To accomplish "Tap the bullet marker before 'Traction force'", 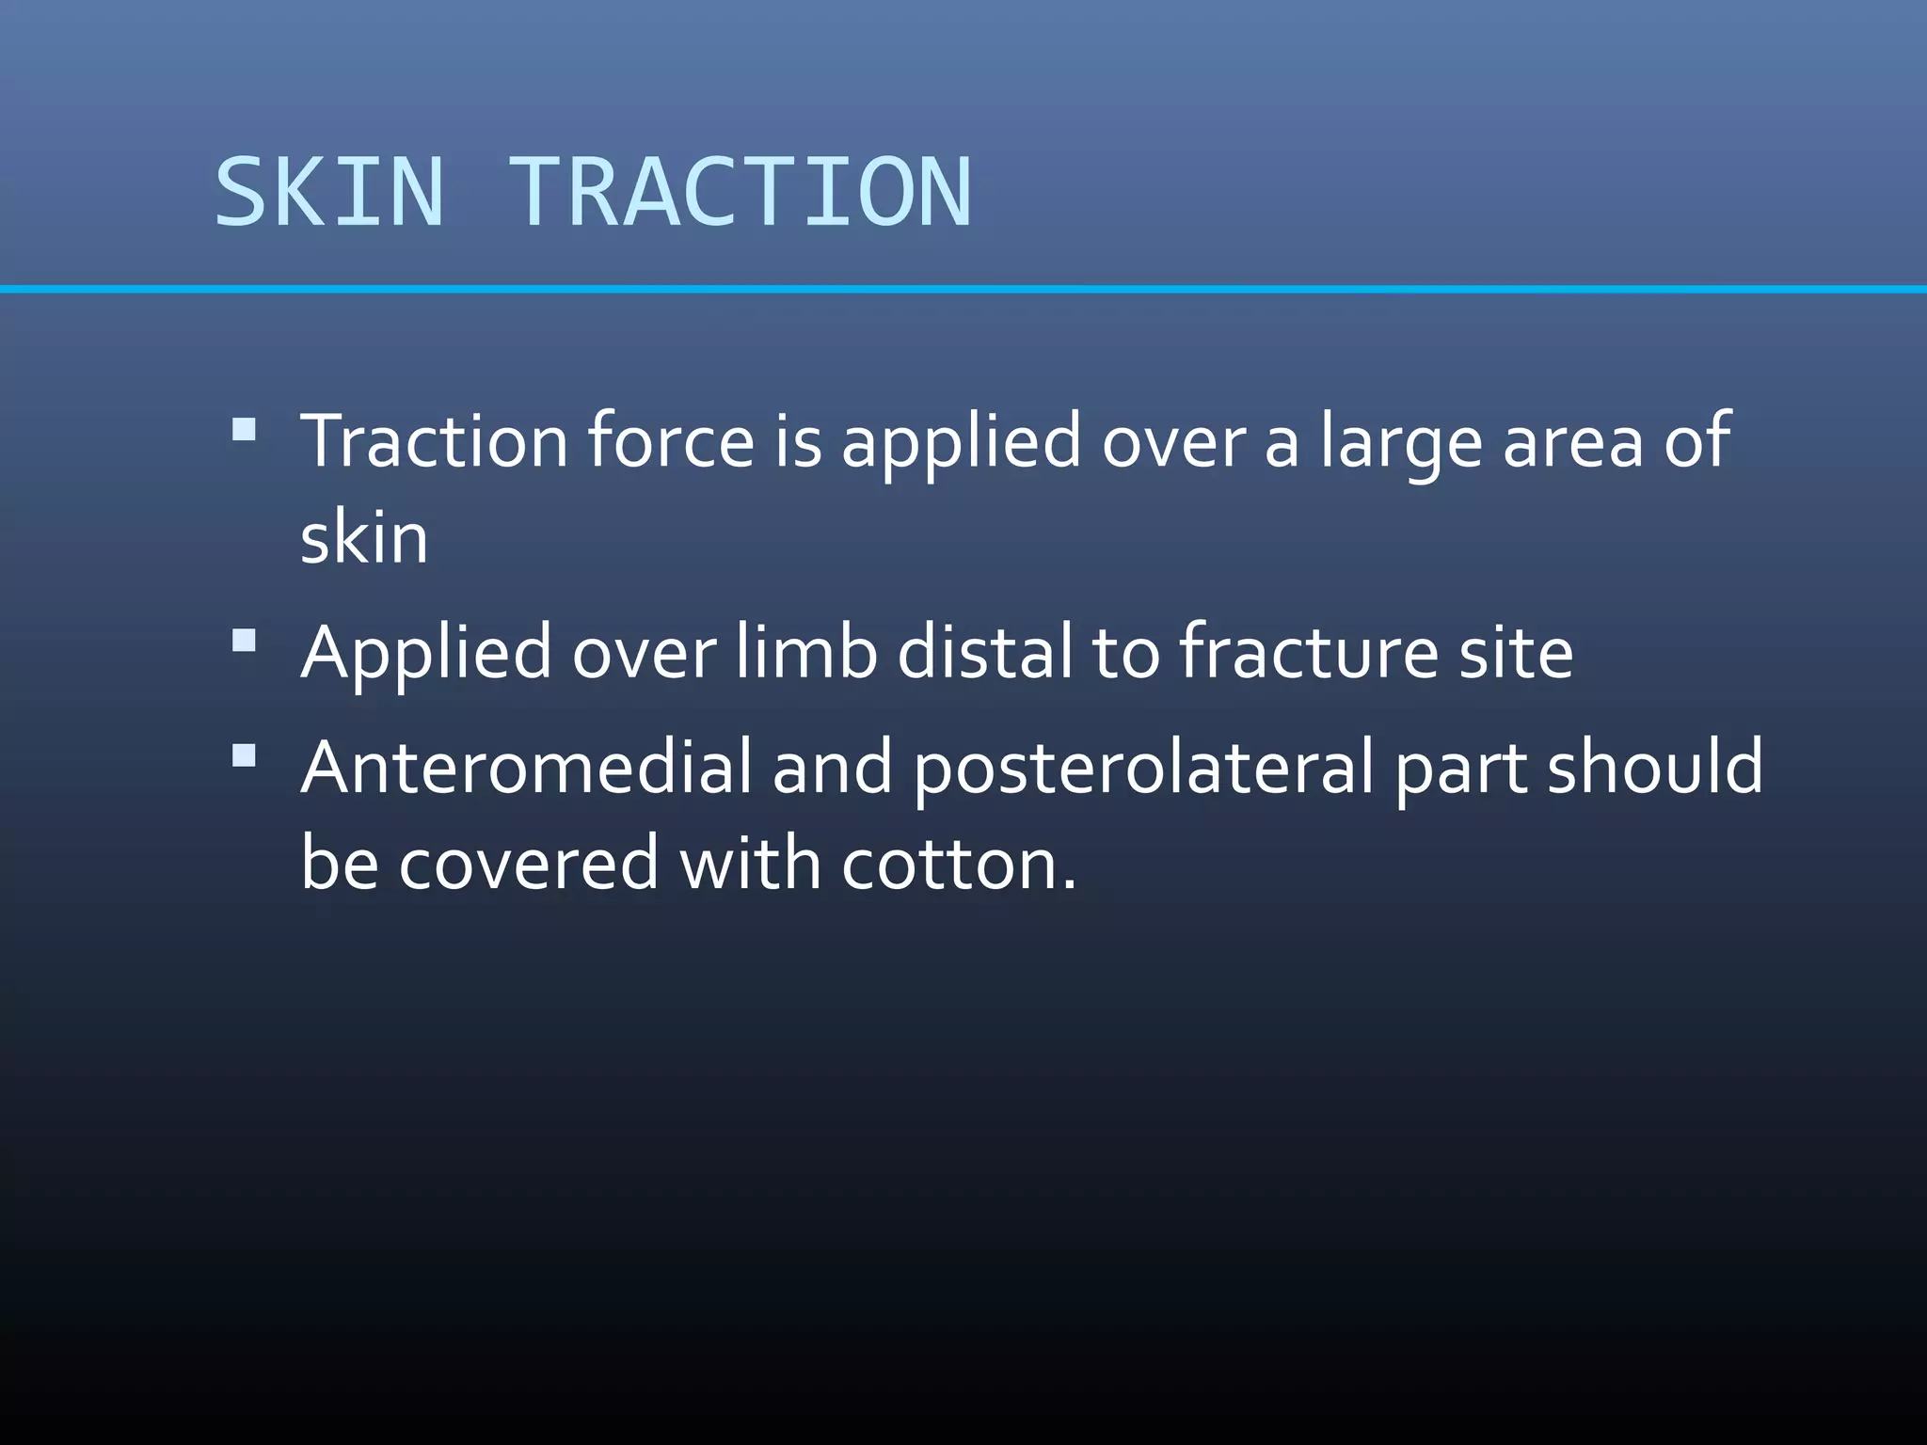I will (x=244, y=430).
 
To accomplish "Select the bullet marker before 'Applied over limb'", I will (x=244, y=642).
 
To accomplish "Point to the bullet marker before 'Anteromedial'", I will (x=244, y=755).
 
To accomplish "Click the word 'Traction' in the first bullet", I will (x=434, y=439).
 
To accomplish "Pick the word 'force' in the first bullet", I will (x=671, y=439).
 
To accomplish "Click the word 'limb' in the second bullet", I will (x=805, y=651).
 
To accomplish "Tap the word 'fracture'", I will (x=1309, y=651).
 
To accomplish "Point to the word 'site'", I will (x=1516, y=651).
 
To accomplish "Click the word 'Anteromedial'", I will (x=526, y=766).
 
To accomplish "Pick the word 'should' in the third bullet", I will (x=1655, y=766).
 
